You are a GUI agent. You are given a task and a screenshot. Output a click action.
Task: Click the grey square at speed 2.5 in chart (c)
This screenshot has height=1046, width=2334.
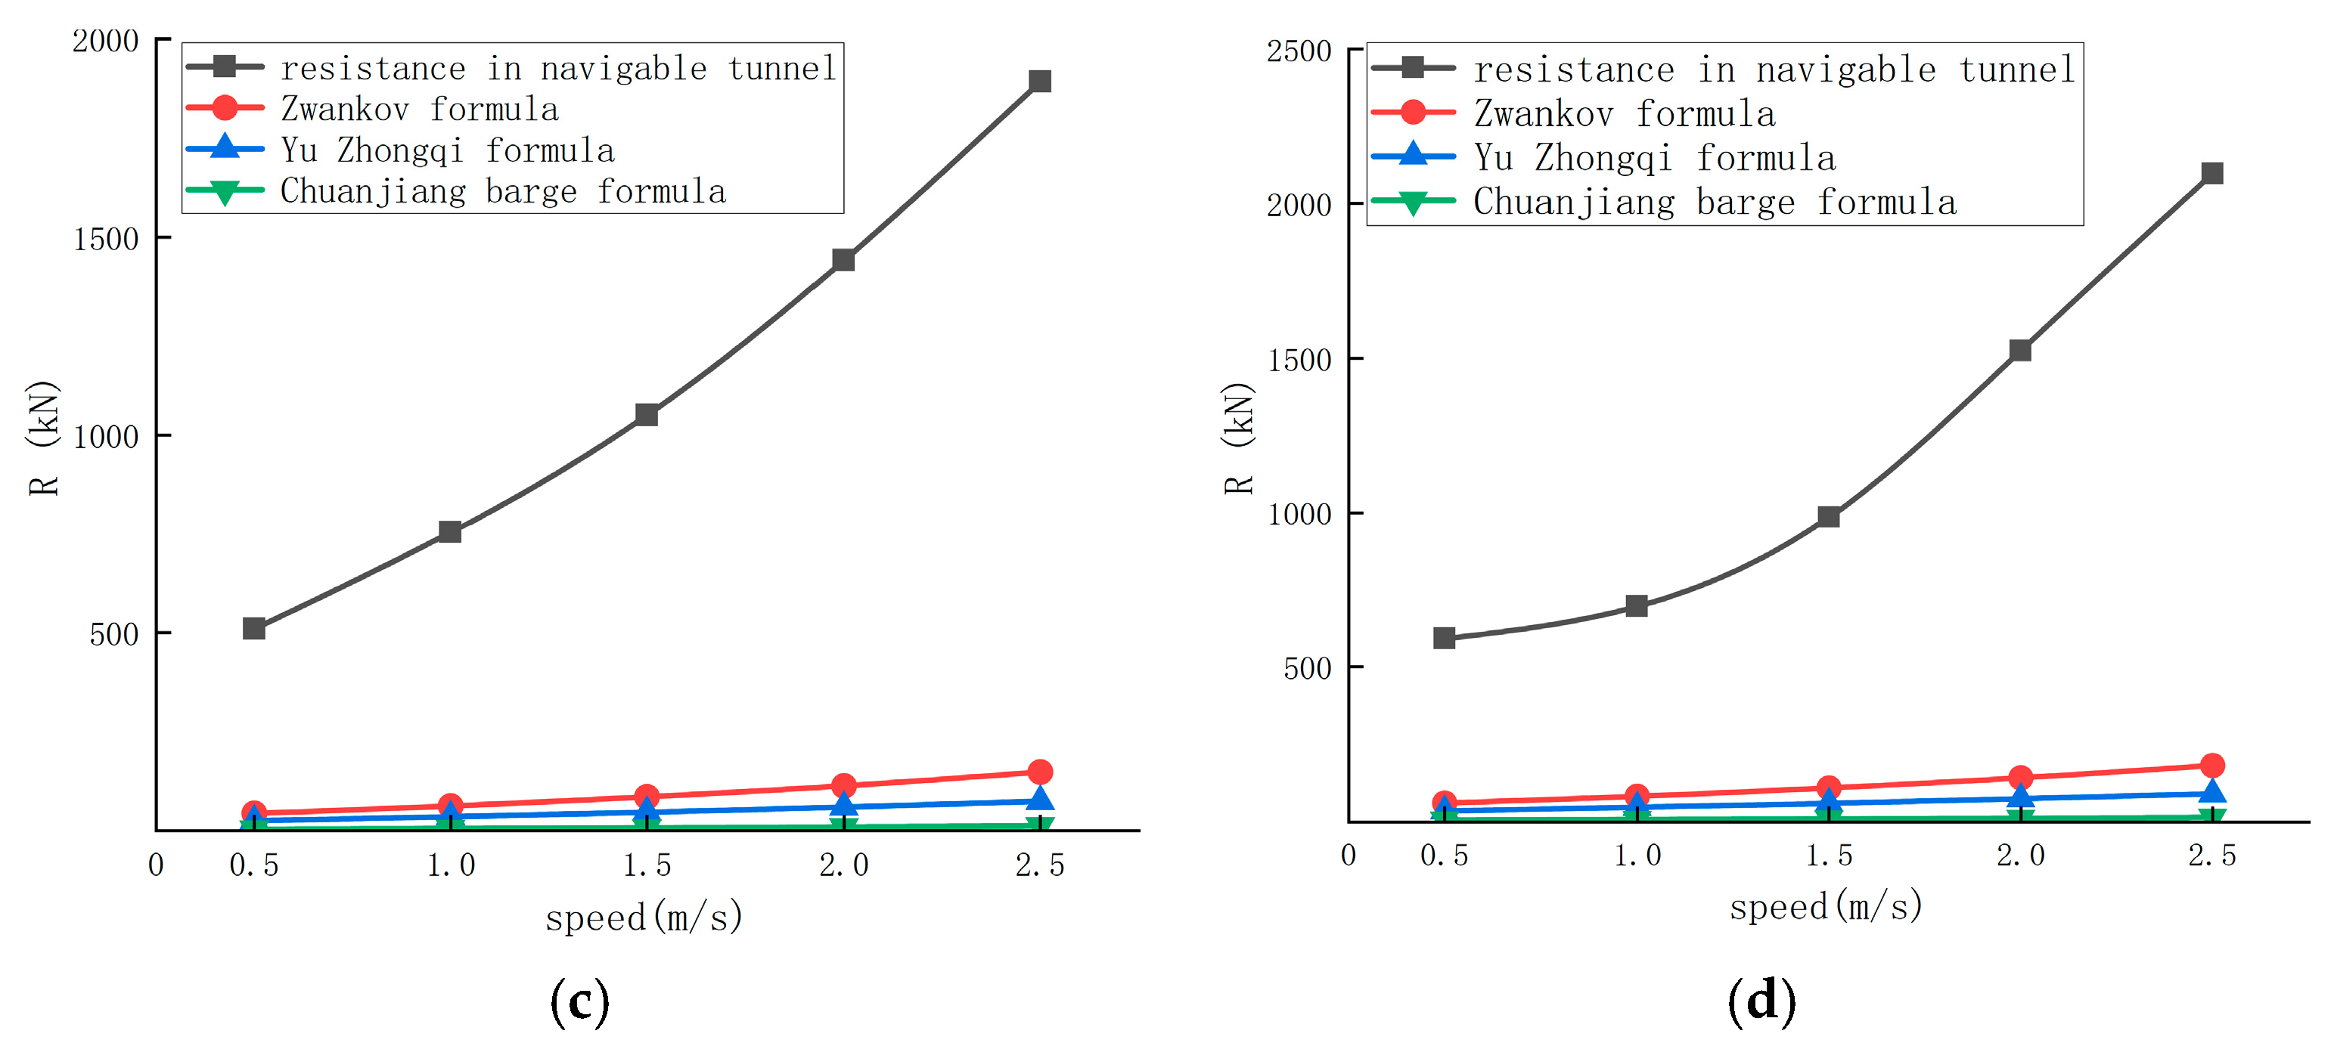1039,82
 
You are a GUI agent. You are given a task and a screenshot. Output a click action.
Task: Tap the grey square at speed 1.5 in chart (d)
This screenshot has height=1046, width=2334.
1829,516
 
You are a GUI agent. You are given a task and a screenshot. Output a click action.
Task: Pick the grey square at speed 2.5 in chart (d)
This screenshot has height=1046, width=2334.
2211,173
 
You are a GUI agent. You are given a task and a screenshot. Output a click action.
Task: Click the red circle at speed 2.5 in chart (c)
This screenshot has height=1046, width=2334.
1039,772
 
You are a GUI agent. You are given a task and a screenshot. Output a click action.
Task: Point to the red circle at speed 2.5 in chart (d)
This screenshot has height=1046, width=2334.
2211,766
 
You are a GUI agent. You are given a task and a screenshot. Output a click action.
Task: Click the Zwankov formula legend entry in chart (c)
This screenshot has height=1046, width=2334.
418,110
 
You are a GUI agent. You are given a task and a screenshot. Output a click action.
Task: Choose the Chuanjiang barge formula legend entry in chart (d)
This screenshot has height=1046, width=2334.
1713,202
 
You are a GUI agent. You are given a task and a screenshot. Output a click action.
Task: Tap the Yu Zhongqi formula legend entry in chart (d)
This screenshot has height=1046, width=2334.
1653,157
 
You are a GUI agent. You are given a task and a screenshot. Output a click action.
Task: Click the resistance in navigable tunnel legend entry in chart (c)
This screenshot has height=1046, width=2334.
557,68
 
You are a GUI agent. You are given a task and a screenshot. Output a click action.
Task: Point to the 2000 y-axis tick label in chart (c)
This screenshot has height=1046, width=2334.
105,41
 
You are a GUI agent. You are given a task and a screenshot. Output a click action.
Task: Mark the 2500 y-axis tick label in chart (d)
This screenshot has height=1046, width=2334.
1299,51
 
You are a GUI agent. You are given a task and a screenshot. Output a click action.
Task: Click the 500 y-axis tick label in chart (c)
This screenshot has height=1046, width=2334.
113,634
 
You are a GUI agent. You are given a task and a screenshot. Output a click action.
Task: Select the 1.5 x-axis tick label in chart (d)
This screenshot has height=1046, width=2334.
1829,855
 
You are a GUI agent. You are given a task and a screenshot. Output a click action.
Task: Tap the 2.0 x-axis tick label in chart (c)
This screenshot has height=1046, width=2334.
843,865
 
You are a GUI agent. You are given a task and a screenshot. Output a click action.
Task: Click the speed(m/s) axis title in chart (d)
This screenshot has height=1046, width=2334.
1825,906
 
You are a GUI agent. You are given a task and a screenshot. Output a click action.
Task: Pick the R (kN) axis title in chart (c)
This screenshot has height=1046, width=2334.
44,438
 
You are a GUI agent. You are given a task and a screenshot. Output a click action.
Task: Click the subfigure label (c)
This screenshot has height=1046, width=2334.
579,1001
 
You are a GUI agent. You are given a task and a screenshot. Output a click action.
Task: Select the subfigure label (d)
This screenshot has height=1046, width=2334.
1761,1001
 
